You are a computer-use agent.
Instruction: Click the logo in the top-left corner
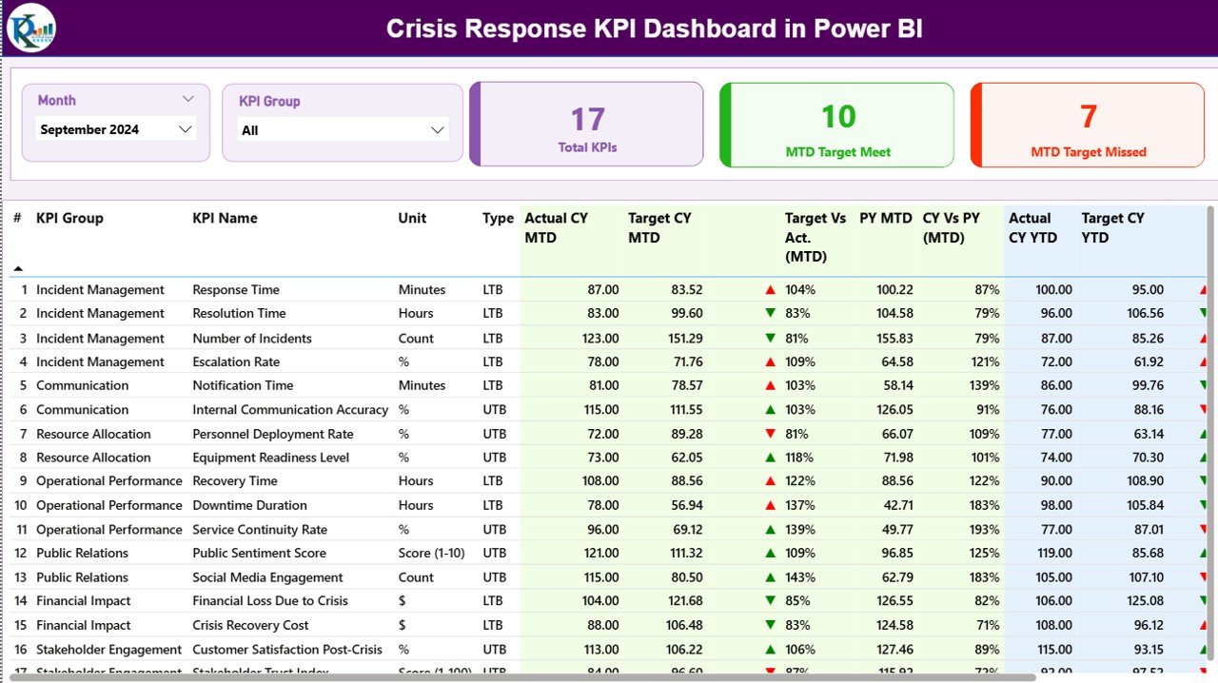coord(31,28)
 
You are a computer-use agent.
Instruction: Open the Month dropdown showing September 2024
coord(116,129)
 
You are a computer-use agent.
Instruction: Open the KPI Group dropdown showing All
coord(343,130)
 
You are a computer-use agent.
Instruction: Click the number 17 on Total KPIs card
coord(587,119)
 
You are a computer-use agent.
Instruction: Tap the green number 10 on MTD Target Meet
coord(837,116)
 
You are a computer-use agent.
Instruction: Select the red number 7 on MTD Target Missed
coord(1089,116)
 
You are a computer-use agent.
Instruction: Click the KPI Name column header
coord(225,218)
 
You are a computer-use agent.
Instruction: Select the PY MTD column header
coord(885,218)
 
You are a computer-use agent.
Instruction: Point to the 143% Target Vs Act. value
coord(800,577)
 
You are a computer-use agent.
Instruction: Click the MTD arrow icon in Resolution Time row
coord(770,313)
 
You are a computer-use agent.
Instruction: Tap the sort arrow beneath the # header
coord(17,269)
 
